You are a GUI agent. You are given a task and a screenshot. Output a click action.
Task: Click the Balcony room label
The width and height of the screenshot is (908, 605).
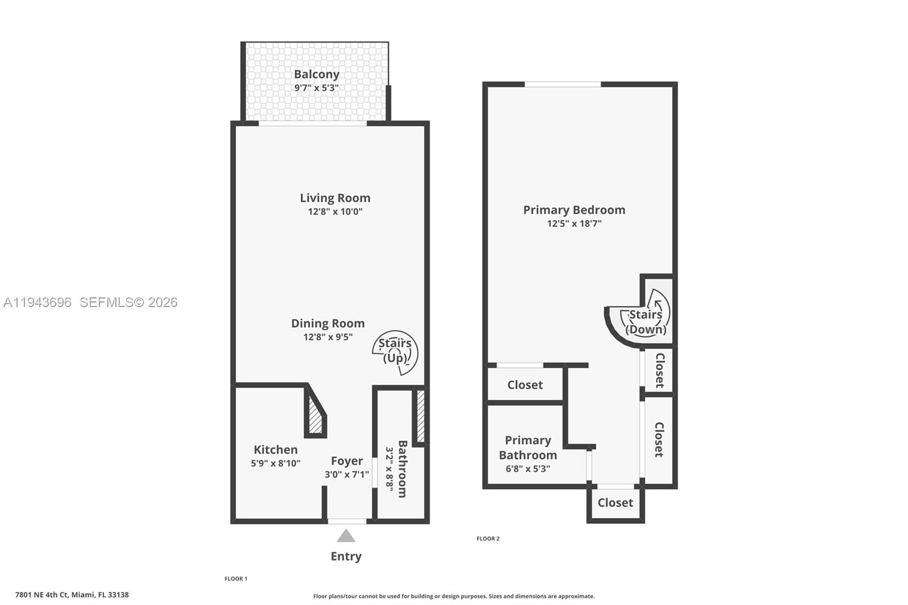coord(316,74)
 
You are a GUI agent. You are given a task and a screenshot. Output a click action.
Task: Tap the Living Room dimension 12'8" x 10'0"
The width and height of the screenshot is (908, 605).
coord(335,212)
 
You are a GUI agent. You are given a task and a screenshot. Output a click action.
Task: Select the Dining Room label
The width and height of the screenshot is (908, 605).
coord(327,323)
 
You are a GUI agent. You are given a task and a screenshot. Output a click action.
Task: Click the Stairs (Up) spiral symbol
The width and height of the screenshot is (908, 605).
coord(396,352)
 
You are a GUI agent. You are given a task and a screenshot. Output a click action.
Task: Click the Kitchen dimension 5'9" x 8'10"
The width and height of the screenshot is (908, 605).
coord(275,463)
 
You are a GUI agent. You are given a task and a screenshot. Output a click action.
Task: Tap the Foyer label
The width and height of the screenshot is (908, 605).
coord(347,461)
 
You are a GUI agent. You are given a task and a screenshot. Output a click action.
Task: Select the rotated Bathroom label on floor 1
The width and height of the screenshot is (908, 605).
coord(402,469)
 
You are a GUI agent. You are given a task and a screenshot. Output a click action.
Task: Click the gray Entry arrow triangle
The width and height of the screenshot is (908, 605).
coord(346,536)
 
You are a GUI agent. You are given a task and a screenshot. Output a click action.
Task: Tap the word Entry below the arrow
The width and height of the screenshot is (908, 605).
coord(346,556)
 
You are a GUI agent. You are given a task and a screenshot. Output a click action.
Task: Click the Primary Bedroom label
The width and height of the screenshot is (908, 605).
coord(574,210)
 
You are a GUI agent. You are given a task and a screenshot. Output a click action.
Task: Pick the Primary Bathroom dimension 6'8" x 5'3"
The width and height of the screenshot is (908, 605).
coord(528,469)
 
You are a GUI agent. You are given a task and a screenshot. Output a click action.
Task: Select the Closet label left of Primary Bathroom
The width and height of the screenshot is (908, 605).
coord(525,385)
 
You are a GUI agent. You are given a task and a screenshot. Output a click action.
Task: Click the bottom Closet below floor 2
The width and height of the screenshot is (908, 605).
coord(615,503)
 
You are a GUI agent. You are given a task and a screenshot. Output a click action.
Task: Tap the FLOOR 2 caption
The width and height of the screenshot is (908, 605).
coord(488,539)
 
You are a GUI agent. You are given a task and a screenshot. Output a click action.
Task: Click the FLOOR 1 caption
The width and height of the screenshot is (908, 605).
coord(236,579)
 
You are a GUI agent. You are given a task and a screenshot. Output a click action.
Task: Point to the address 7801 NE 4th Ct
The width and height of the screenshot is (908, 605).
coord(72,595)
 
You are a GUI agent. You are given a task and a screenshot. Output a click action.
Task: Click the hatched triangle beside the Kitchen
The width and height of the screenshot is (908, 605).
coord(315,417)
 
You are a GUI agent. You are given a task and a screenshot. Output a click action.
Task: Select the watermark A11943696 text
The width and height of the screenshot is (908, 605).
coord(38,302)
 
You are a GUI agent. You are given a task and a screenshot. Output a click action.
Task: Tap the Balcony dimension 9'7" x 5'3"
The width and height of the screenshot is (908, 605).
coord(316,88)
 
